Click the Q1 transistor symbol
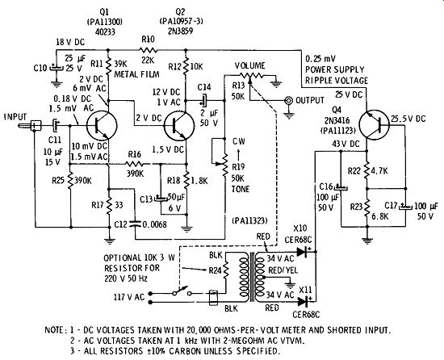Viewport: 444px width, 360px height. coord(102,125)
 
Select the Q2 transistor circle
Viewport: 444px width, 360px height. coord(179,125)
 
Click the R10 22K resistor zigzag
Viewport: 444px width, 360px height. coord(148,50)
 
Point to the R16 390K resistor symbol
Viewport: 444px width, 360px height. coord(135,164)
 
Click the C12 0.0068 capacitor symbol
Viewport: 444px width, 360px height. coord(135,224)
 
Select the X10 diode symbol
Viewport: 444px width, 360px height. coord(303,251)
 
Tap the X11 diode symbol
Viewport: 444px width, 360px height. coord(304,302)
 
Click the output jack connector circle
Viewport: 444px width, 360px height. coord(288,100)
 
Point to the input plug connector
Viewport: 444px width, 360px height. coord(30,125)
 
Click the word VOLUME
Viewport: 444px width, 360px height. coord(249,65)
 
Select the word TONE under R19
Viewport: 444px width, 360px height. coord(241,189)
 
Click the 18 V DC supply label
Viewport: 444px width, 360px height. coord(70,42)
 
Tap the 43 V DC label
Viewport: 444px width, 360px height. coord(346,144)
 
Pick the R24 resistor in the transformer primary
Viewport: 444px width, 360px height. coord(226,270)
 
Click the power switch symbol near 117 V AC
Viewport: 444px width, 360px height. coord(181,291)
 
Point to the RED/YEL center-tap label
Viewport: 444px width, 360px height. coord(283,270)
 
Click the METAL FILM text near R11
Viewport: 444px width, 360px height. coord(136,74)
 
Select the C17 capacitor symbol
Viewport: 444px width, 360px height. coord(405,207)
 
